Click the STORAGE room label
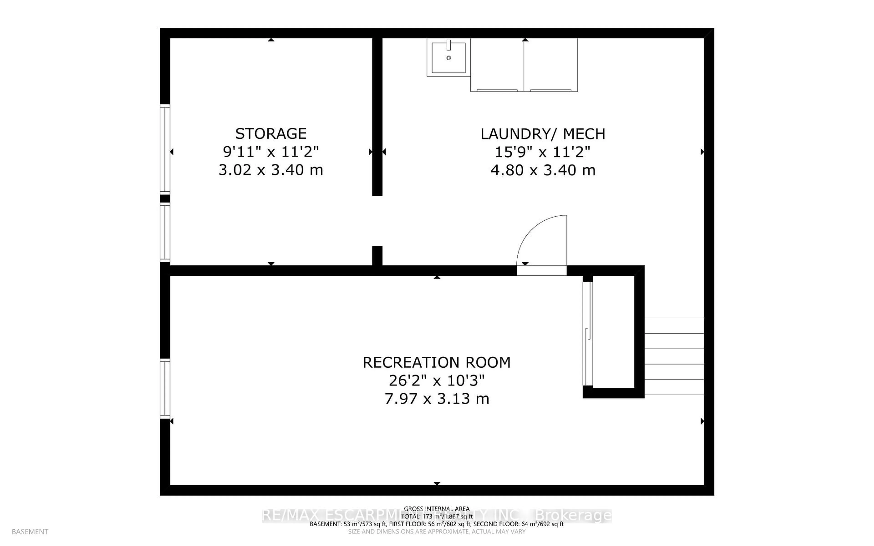[271, 134]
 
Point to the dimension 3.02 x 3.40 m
[271, 170]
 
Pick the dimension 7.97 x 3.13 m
[437, 399]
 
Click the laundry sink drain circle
[449, 58]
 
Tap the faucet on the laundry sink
[449, 45]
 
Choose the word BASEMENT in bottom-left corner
[30, 532]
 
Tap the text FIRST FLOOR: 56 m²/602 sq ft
[430, 524]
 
